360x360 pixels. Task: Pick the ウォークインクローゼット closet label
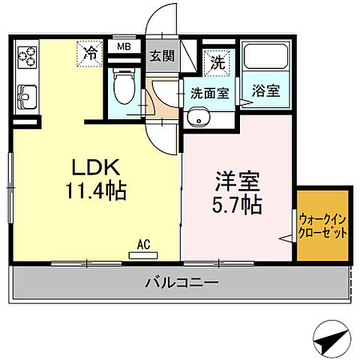coord(323,226)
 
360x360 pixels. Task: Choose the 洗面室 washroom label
coord(208,94)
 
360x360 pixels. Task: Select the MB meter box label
coord(121,46)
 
